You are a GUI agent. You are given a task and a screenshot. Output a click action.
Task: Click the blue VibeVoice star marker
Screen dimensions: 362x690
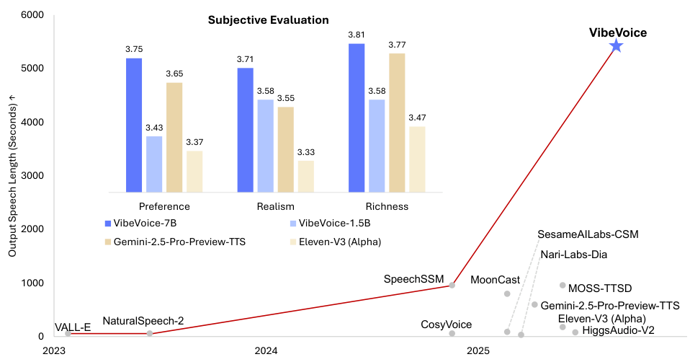616,46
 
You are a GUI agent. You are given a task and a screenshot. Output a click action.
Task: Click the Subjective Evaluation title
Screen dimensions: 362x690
268,20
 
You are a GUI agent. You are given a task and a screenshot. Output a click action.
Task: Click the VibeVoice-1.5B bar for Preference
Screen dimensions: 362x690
153,164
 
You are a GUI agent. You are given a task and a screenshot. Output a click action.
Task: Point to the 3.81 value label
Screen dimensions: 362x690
357,35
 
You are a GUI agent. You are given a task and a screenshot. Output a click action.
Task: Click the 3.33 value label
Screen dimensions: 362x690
305,152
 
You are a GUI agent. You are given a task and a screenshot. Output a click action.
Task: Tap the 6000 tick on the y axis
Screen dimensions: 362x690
30,15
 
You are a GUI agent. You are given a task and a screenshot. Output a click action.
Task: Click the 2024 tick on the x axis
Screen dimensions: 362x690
266,351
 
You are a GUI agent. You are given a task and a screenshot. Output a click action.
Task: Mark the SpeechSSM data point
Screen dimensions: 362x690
452,285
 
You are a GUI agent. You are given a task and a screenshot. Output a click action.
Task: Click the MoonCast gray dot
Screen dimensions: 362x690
507,293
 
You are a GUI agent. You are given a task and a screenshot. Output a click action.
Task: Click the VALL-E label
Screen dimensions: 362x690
73,327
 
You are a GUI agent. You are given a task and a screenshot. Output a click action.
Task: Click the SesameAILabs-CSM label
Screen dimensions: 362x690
588,235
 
